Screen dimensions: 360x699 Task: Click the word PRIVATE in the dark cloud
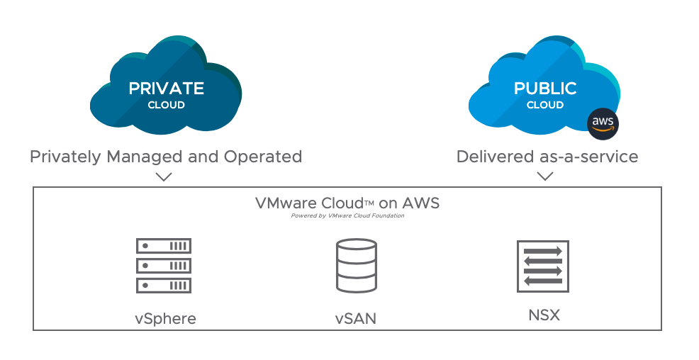[166, 89]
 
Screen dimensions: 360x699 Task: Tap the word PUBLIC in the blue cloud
[545, 89]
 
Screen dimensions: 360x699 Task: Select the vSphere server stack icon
[164, 266]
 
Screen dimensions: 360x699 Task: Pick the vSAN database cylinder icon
[355, 266]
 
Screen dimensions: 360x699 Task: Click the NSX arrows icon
[544, 266]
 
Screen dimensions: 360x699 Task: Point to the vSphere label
[165, 318]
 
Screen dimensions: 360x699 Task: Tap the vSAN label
[355, 319]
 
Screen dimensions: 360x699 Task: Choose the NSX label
[544, 315]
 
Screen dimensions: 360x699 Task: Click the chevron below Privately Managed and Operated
[164, 176]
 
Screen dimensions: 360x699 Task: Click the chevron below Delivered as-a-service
[545, 176]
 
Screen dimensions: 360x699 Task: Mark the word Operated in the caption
[267, 157]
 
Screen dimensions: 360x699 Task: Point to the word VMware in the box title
[281, 203]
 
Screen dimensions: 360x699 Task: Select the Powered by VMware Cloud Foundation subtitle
[347, 216]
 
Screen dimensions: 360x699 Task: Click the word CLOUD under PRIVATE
[166, 106]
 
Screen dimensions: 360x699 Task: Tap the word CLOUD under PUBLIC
[545, 106]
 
